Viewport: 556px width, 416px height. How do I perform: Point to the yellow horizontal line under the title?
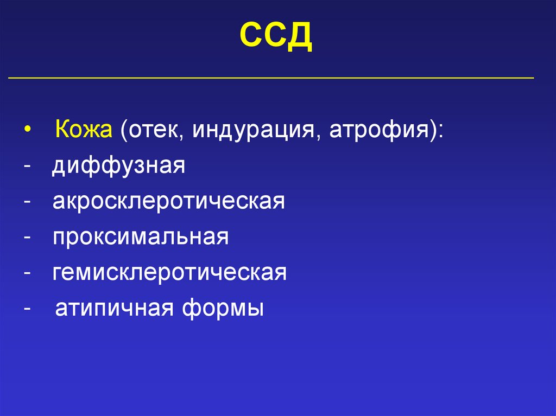[271, 78]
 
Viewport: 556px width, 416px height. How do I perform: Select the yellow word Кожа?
[84, 131]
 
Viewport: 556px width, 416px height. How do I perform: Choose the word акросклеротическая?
[169, 202]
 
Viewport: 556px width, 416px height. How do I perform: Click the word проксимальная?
[141, 237]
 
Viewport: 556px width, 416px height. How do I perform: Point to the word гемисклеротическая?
[169, 272]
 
